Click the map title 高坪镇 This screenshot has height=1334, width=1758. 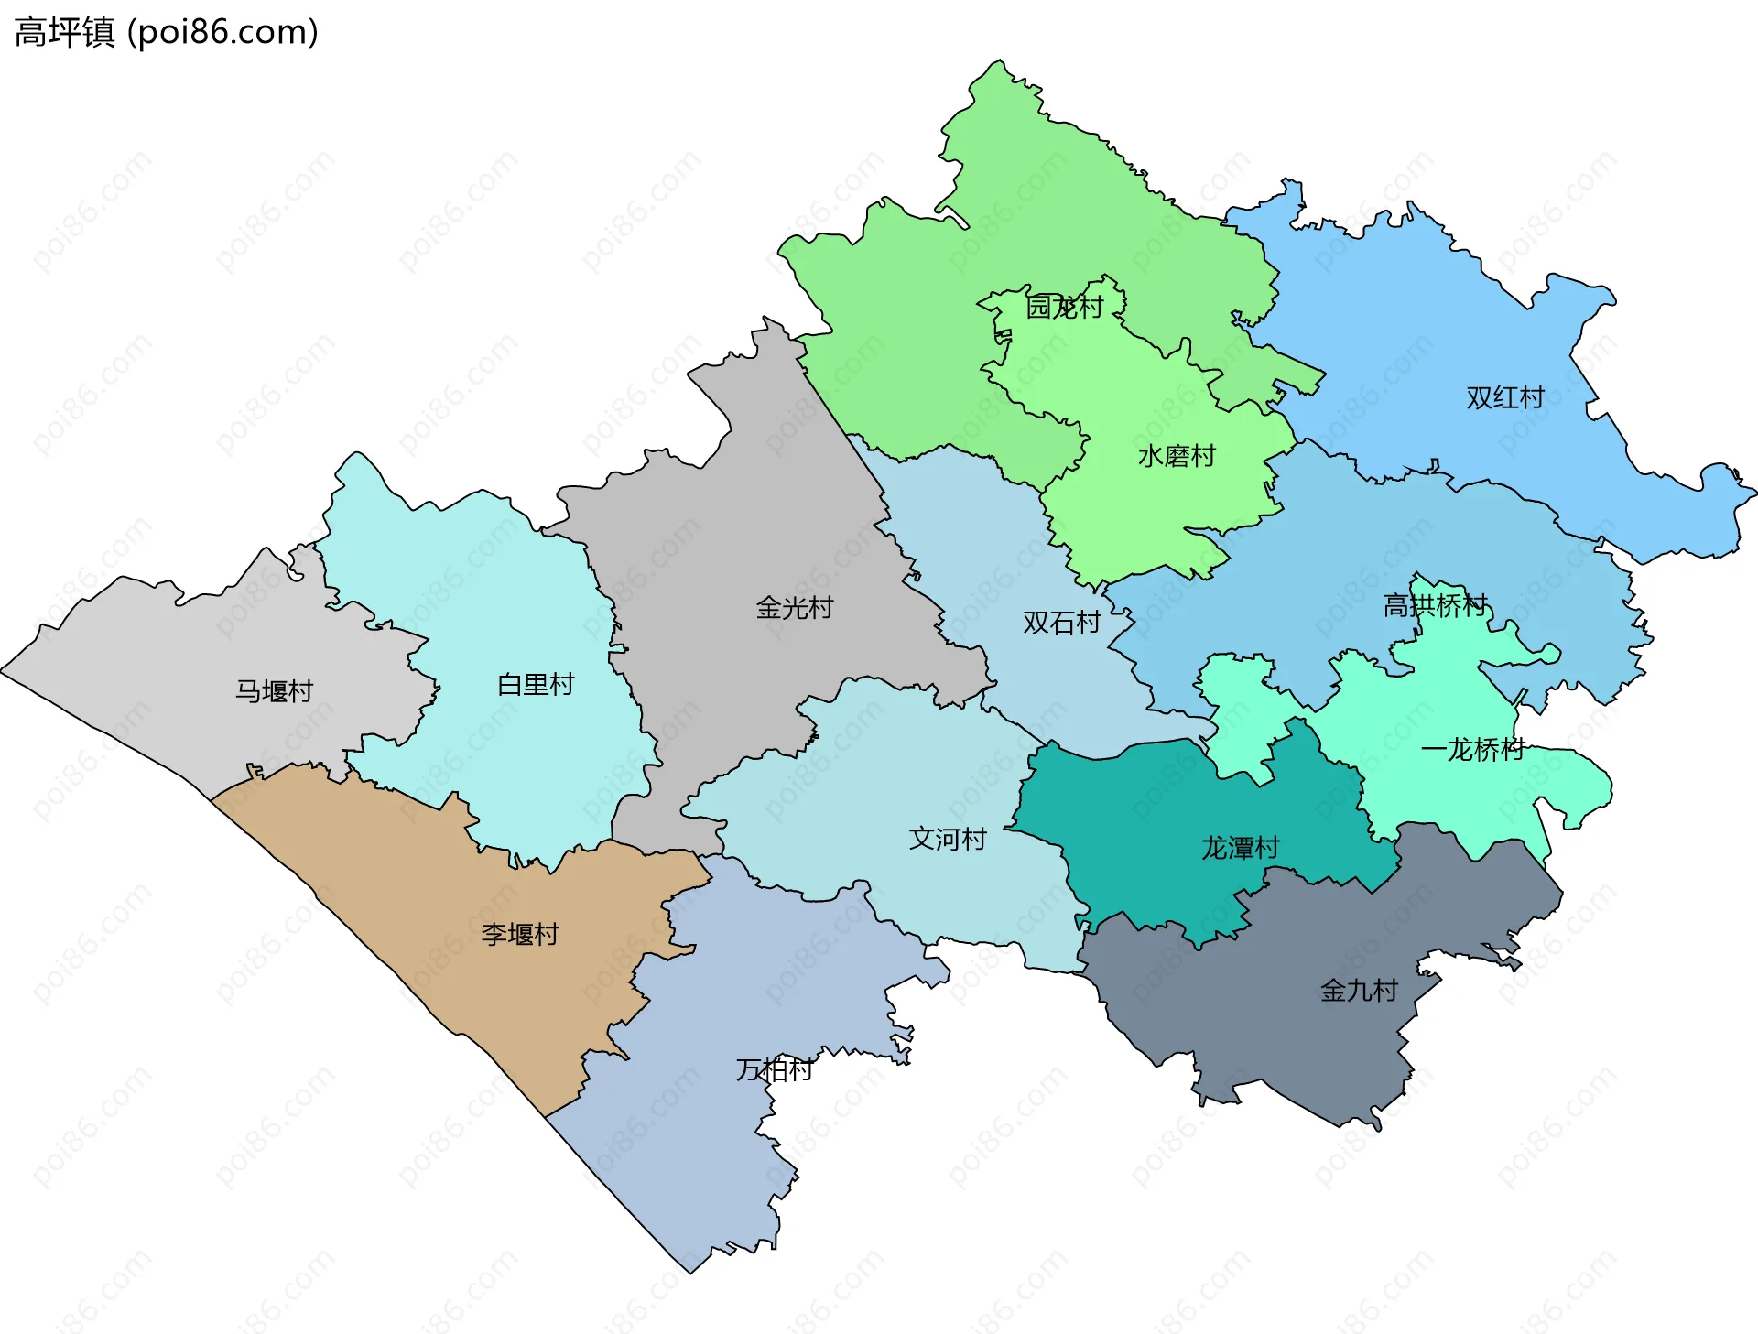point(64,32)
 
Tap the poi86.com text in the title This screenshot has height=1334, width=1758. point(222,32)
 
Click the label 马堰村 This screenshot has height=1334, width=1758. point(275,691)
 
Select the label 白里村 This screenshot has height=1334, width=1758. point(536,685)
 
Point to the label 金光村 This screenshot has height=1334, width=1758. point(795,608)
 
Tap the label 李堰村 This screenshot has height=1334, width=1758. point(520,935)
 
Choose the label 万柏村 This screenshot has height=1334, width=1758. point(775,1069)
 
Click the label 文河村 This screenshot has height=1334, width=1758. point(948,839)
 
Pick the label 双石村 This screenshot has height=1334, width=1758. point(1062,623)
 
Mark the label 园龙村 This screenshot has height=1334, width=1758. point(1064,307)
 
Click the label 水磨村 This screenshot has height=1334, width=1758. point(1177,456)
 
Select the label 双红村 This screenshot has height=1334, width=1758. point(1505,397)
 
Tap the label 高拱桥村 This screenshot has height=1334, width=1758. point(1435,605)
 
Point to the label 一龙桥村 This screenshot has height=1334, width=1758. point(1472,750)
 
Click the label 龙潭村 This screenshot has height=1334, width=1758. point(1240,848)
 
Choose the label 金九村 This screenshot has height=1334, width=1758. point(1359,991)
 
